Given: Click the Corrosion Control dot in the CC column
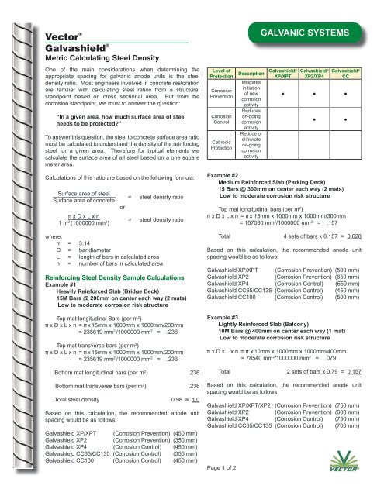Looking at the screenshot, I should coord(345,121).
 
